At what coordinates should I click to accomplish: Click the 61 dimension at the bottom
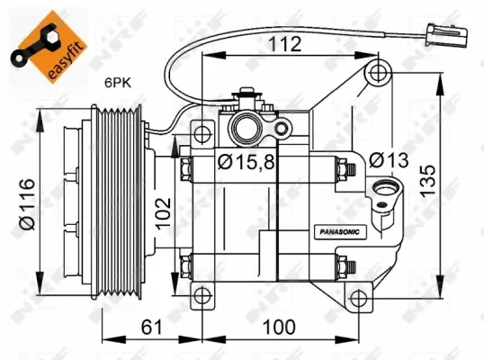pos(152,326)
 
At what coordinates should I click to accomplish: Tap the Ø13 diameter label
pos(389,159)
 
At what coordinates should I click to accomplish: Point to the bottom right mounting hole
pos(360,297)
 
